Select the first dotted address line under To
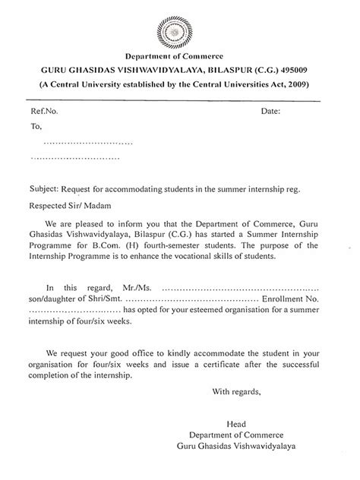coord(87,143)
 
